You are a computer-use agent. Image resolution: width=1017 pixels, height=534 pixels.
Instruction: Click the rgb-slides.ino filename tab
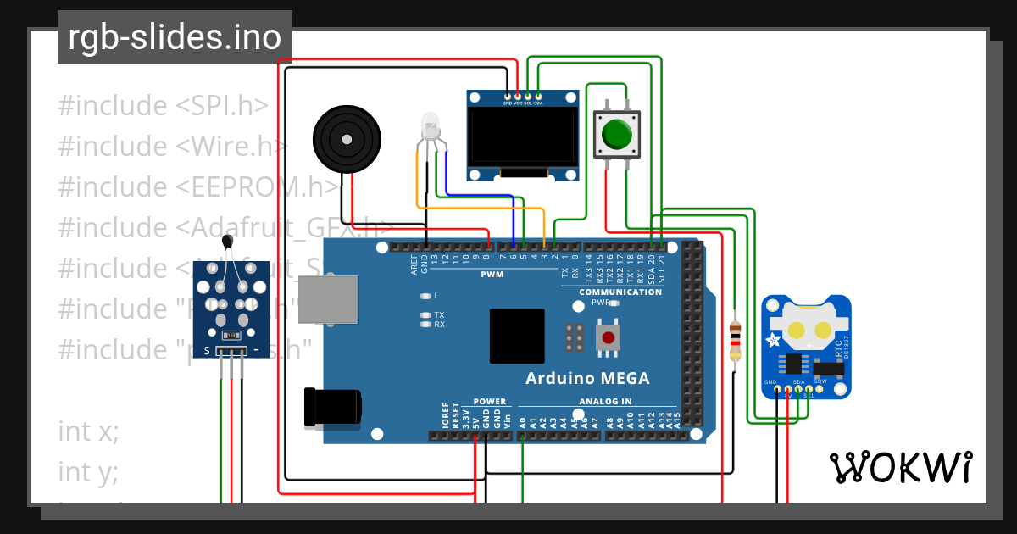point(175,37)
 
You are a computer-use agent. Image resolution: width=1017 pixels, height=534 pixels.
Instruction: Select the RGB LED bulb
point(430,128)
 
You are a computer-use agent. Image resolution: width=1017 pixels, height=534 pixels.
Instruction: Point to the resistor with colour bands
point(735,341)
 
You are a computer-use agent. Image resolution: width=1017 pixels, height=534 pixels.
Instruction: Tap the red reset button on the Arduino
point(607,338)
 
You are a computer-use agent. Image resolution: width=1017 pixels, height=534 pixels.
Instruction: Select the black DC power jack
point(332,406)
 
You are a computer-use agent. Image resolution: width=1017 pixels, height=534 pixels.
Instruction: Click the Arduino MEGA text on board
point(587,378)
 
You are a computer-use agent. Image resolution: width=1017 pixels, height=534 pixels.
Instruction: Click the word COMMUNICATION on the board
point(620,292)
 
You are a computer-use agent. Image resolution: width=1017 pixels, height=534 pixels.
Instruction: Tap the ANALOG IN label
point(605,401)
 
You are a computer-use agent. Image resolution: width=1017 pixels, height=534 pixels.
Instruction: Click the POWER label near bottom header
point(489,401)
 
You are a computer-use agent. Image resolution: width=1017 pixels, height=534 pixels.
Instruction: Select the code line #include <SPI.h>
point(164,106)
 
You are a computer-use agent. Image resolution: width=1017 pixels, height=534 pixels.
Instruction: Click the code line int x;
point(88,431)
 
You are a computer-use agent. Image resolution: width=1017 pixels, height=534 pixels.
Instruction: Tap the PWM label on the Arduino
point(492,275)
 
